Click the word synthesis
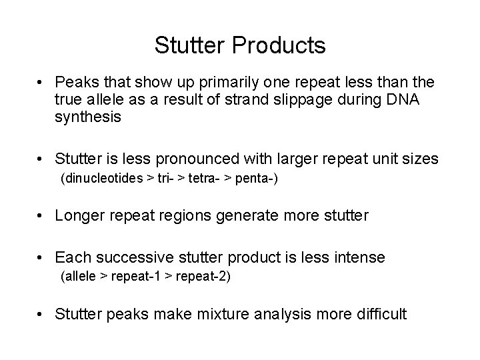pos(88,117)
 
